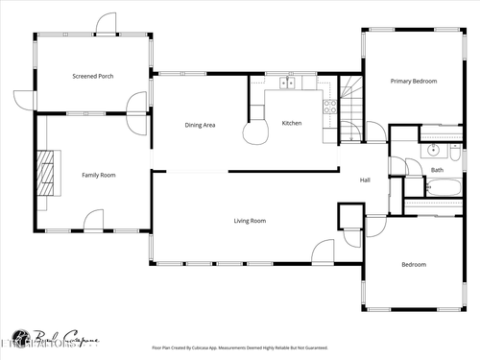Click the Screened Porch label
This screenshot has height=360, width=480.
pyautogui.click(x=92, y=76)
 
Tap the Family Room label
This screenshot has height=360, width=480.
pyautogui.click(x=98, y=175)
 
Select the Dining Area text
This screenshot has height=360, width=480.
pyautogui.click(x=200, y=125)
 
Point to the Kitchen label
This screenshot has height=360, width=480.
pyautogui.click(x=292, y=123)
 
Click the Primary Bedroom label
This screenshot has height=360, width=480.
pyautogui.click(x=413, y=82)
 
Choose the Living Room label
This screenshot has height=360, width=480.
pyautogui.click(x=250, y=221)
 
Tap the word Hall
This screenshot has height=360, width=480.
pyautogui.click(x=365, y=180)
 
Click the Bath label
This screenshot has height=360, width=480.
pyautogui.click(x=437, y=171)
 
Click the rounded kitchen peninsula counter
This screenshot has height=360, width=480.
pyautogui.click(x=257, y=132)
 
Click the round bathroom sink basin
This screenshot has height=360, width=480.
pyautogui.click(x=431, y=151)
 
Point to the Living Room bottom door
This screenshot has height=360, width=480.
pyautogui.click(x=322, y=252)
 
